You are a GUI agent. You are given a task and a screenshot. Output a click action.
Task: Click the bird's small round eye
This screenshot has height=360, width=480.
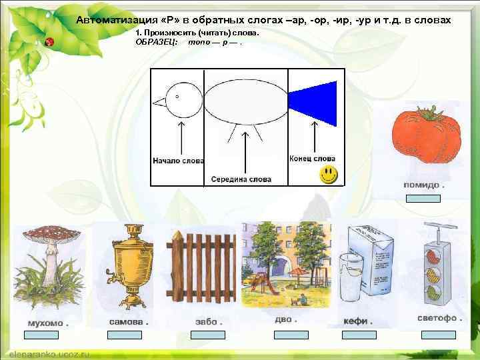point(177,96)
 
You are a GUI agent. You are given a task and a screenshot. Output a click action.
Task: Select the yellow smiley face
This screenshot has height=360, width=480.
point(327,175)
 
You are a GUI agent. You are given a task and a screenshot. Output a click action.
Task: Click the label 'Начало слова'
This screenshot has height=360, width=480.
point(178,161)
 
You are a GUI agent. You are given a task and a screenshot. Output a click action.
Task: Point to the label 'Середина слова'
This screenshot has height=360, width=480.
point(241,179)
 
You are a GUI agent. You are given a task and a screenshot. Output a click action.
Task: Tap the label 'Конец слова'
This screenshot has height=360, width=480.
point(312,159)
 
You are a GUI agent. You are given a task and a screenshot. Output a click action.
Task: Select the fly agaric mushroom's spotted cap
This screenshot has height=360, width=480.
point(51,235)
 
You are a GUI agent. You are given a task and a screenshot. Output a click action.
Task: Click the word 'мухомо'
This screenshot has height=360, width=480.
point(44,323)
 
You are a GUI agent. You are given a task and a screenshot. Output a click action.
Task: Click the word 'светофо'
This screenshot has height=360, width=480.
point(437,318)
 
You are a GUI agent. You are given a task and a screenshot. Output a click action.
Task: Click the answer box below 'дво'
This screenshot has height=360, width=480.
point(291,335)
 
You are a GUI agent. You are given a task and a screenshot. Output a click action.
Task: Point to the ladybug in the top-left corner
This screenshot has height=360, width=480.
point(49,41)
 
